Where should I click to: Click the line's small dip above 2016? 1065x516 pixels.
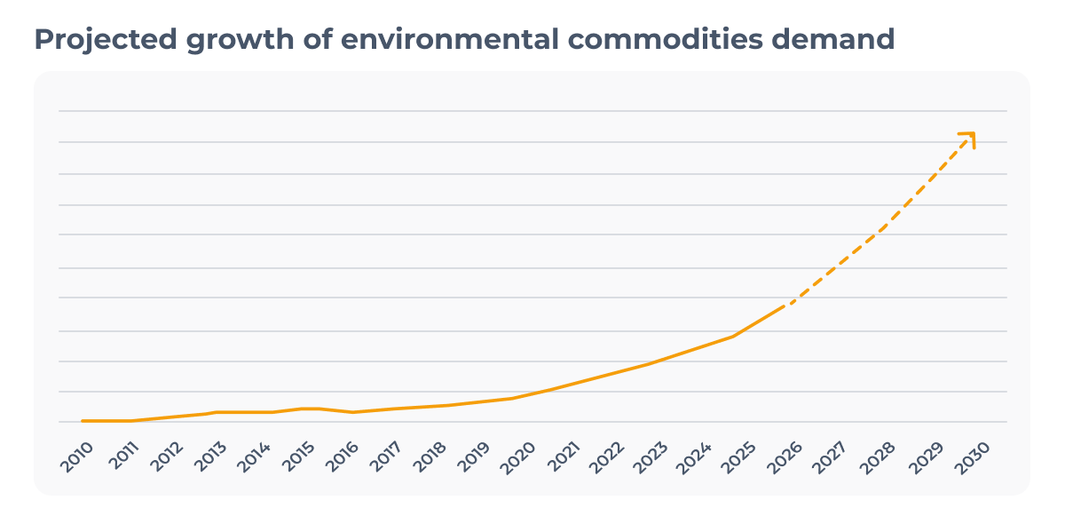[x=353, y=412]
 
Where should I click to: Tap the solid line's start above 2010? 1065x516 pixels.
[x=83, y=421]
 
